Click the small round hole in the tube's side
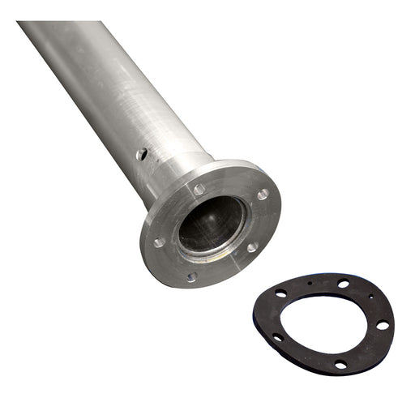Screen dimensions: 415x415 tap(142, 153)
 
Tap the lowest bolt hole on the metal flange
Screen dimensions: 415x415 tap(191, 276)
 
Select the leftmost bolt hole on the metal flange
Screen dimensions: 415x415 tap(159, 242)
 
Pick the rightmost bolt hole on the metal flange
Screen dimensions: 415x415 tap(263, 195)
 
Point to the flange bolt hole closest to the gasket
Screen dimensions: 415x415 tap(252, 247)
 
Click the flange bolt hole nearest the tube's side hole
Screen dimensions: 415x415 tap(199, 190)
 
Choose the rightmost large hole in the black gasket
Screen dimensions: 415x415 tap(382, 325)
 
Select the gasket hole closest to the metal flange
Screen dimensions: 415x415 tap(280, 293)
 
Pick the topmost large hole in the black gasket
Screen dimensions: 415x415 tap(344, 284)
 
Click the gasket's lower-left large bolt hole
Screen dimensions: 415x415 tap(277, 338)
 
